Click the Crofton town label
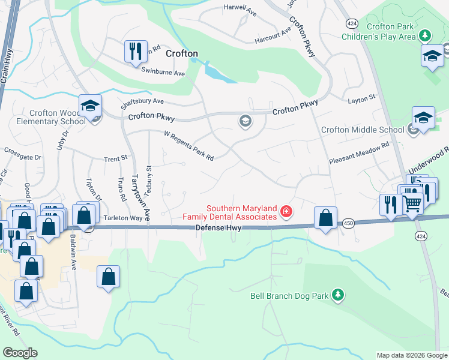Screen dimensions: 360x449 coord(181,53)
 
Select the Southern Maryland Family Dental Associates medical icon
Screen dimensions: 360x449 coord(286,211)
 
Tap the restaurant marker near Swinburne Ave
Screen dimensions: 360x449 coord(136,51)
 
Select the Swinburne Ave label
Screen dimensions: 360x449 coord(163,73)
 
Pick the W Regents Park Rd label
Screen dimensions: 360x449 coord(189,147)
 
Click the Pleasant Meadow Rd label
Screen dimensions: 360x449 coord(359,161)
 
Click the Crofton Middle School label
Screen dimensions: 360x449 coord(363,130)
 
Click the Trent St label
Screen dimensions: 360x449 coord(116,159)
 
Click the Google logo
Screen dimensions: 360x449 coord(20,352)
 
